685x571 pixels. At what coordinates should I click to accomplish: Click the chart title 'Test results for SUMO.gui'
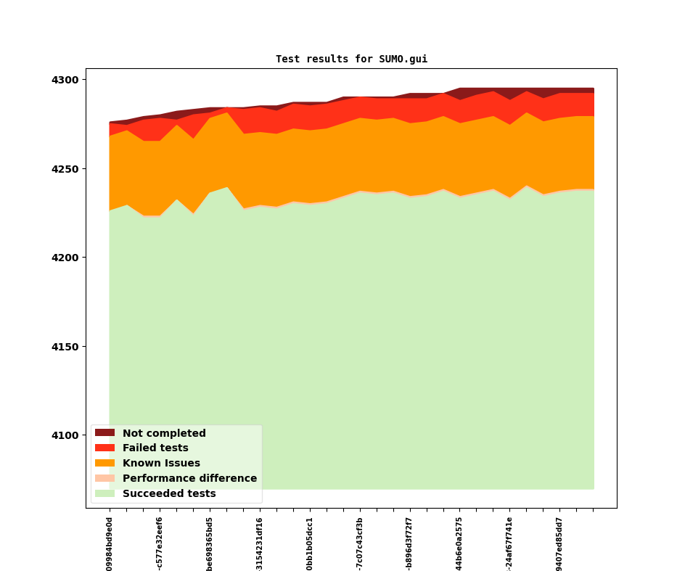coord(351,59)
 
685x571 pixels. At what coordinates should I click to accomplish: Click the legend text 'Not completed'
coord(164,433)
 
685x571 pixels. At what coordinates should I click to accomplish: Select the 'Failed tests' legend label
coord(155,448)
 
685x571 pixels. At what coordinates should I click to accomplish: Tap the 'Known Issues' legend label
coord(161,464)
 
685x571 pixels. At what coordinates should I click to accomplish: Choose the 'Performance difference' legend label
coord(189,479)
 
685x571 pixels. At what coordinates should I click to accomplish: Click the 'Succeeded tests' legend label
coord(169,494)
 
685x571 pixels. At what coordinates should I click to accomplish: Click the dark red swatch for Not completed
coord(104,433)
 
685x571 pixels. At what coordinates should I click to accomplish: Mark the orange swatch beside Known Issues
coord(104,464)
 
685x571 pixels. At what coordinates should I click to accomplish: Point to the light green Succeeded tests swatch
coord(104,494)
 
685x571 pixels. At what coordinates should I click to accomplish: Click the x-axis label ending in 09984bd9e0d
coord(110,543)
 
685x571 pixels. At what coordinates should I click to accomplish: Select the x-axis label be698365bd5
coord(210,543)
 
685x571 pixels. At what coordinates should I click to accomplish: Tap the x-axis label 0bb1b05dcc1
coord(310,543)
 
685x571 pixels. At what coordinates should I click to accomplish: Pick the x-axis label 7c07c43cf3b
coord(360,543)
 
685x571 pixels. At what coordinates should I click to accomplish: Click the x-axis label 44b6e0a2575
coord(459,543)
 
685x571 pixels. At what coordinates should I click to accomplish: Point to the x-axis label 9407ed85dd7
coord(559,543)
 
